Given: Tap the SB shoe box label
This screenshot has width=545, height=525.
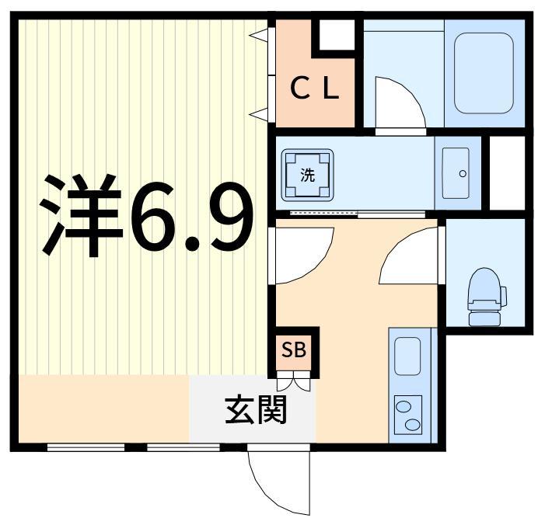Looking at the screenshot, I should pyautogui.click(x=294, y=350).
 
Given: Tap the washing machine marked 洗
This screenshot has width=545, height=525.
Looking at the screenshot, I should pyautogui.click(x=308, y=174).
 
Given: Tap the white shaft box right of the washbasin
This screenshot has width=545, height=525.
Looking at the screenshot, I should pyautogui.click(x=507, y=172).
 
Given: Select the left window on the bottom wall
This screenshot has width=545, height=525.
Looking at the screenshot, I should pyautogui.click(x=86, y=447).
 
